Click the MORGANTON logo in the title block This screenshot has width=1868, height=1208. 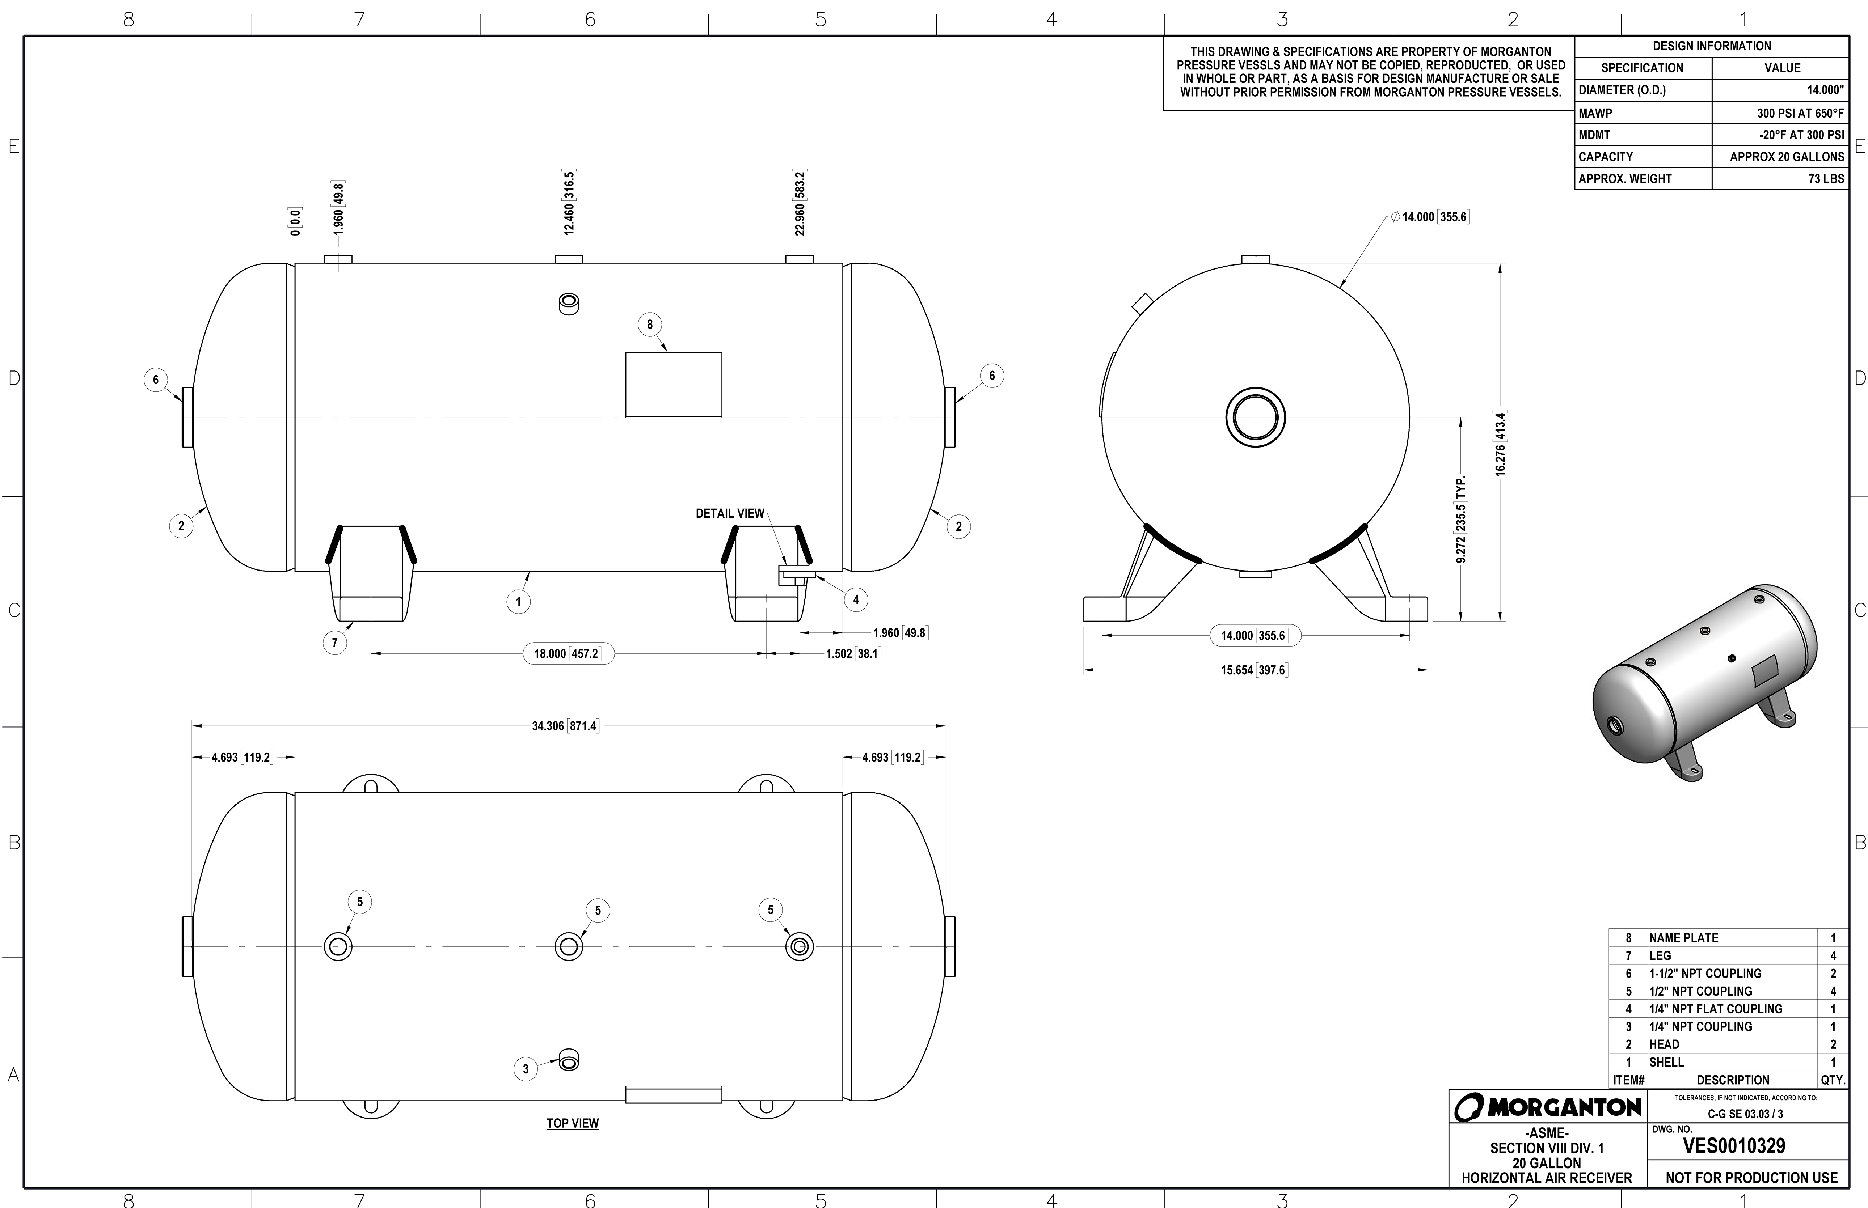coord(1547,1107)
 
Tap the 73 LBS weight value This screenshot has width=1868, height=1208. coord(1826,179)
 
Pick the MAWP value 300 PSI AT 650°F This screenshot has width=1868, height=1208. coord(1801,113)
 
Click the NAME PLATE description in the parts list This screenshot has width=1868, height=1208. coord(1684,938)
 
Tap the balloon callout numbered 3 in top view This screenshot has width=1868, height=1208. coord(526,1068)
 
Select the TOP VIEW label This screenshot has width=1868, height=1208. coord(573,1123)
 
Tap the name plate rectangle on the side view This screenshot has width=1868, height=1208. coord(673,384)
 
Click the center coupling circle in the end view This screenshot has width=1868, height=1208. coord(1255,416)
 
